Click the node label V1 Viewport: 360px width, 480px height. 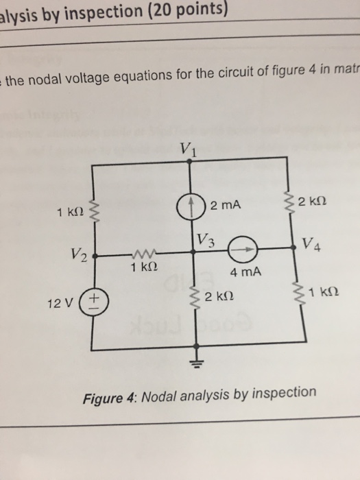[x=188, y=149]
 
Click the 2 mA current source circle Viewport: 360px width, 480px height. [x=199, y=205]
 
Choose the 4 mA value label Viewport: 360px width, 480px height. [x=246, y=272]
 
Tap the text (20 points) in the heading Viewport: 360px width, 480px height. [x=182, y=8]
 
